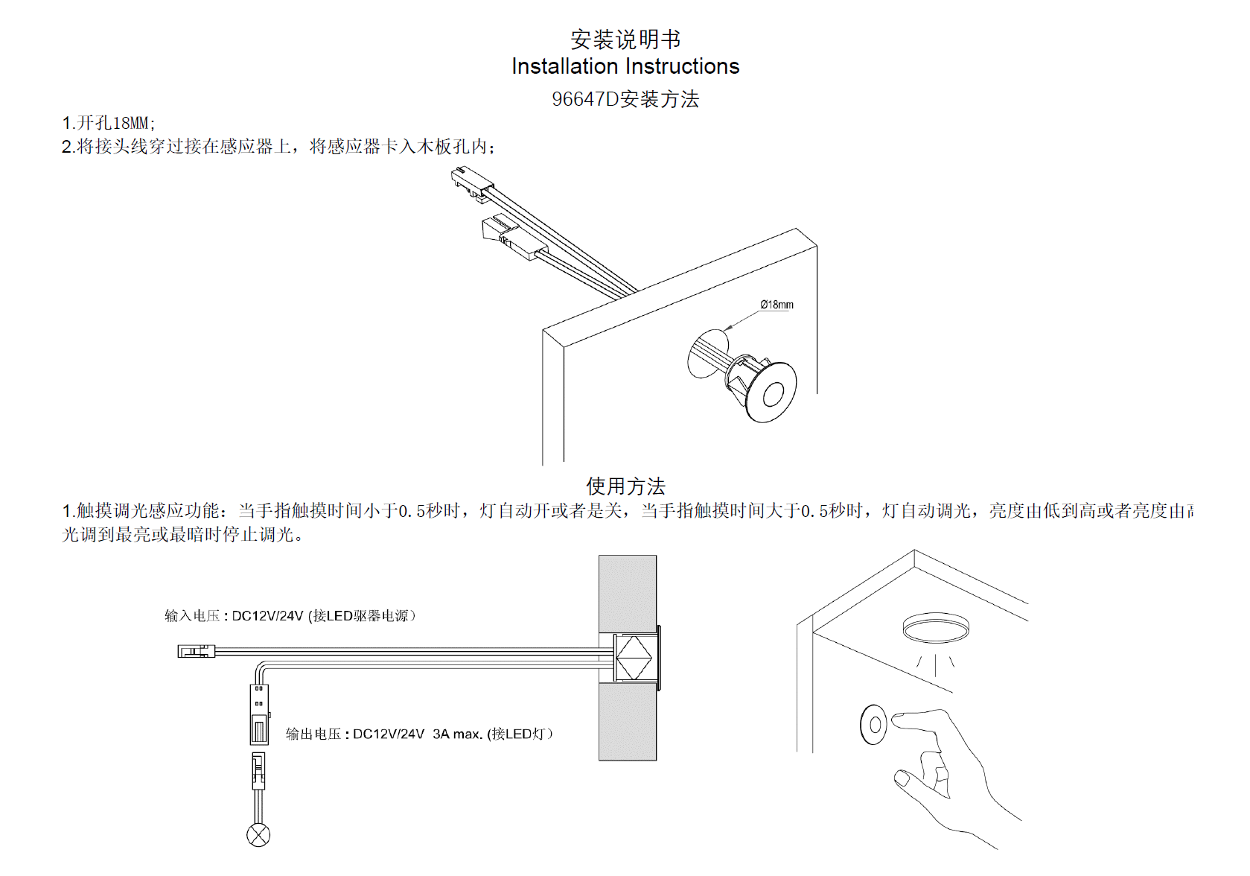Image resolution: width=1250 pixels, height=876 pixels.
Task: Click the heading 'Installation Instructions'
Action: point(625,66)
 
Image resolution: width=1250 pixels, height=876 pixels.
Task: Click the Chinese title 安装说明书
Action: point(625,39)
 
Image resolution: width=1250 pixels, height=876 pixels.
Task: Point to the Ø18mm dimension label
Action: point(777,305)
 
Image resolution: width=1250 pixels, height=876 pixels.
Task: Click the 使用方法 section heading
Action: point(625,486)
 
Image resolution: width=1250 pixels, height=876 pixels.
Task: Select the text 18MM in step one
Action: point(130,123)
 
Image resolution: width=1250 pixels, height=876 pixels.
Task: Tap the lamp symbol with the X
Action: point(258,835)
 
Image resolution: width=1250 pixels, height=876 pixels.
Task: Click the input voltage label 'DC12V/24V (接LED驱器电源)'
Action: point(323,616)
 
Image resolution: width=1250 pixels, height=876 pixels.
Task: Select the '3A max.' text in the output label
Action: point(456,734)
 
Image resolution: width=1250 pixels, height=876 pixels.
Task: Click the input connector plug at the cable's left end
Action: point(196,652)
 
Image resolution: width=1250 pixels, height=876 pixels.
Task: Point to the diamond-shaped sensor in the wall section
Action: point(634,658)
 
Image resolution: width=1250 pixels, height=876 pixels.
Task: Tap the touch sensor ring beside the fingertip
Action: point(874,724)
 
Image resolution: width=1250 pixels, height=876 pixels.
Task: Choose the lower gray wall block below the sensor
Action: point(628,723)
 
